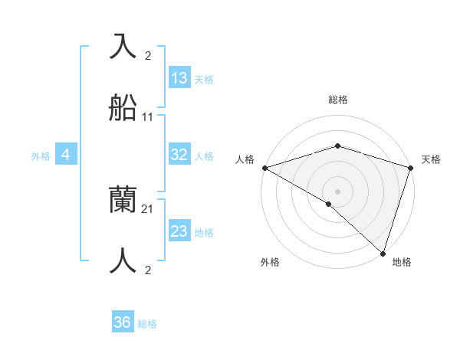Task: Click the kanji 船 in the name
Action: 123,110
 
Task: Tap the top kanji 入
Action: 123,47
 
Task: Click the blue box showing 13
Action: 179,78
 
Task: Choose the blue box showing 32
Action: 179,155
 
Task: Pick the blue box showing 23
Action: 179,231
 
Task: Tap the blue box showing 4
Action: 66,155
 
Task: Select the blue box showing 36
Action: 123,322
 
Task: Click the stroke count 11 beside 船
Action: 148,118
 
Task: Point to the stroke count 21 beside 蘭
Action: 148,208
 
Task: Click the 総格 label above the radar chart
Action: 338,100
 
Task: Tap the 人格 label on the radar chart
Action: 245,160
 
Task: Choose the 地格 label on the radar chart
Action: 402,263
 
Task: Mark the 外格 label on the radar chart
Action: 270,263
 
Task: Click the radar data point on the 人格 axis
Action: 264,168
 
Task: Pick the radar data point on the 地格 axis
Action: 383,253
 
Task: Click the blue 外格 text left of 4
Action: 41,156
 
